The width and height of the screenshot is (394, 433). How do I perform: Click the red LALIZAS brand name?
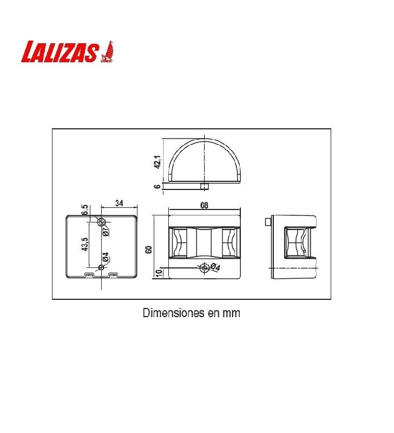(x=60, y=53)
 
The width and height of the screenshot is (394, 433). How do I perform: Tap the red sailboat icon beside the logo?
(x=107, y=51)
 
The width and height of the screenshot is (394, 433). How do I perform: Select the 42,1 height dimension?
(x=157, y=162)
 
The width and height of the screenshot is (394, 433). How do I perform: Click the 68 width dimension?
(x=204, y=206)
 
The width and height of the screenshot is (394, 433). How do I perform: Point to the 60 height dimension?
(x=149, y=250)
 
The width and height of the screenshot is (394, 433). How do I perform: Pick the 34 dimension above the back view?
(x=119, y=203)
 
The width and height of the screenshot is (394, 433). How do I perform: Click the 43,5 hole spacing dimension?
(x=85, y=244)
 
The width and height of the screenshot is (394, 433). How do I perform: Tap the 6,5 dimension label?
(x=85, y=209)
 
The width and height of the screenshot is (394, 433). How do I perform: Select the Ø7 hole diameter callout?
(x=106, y=231)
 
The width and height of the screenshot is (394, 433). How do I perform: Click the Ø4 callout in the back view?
(x=106, y=257)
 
